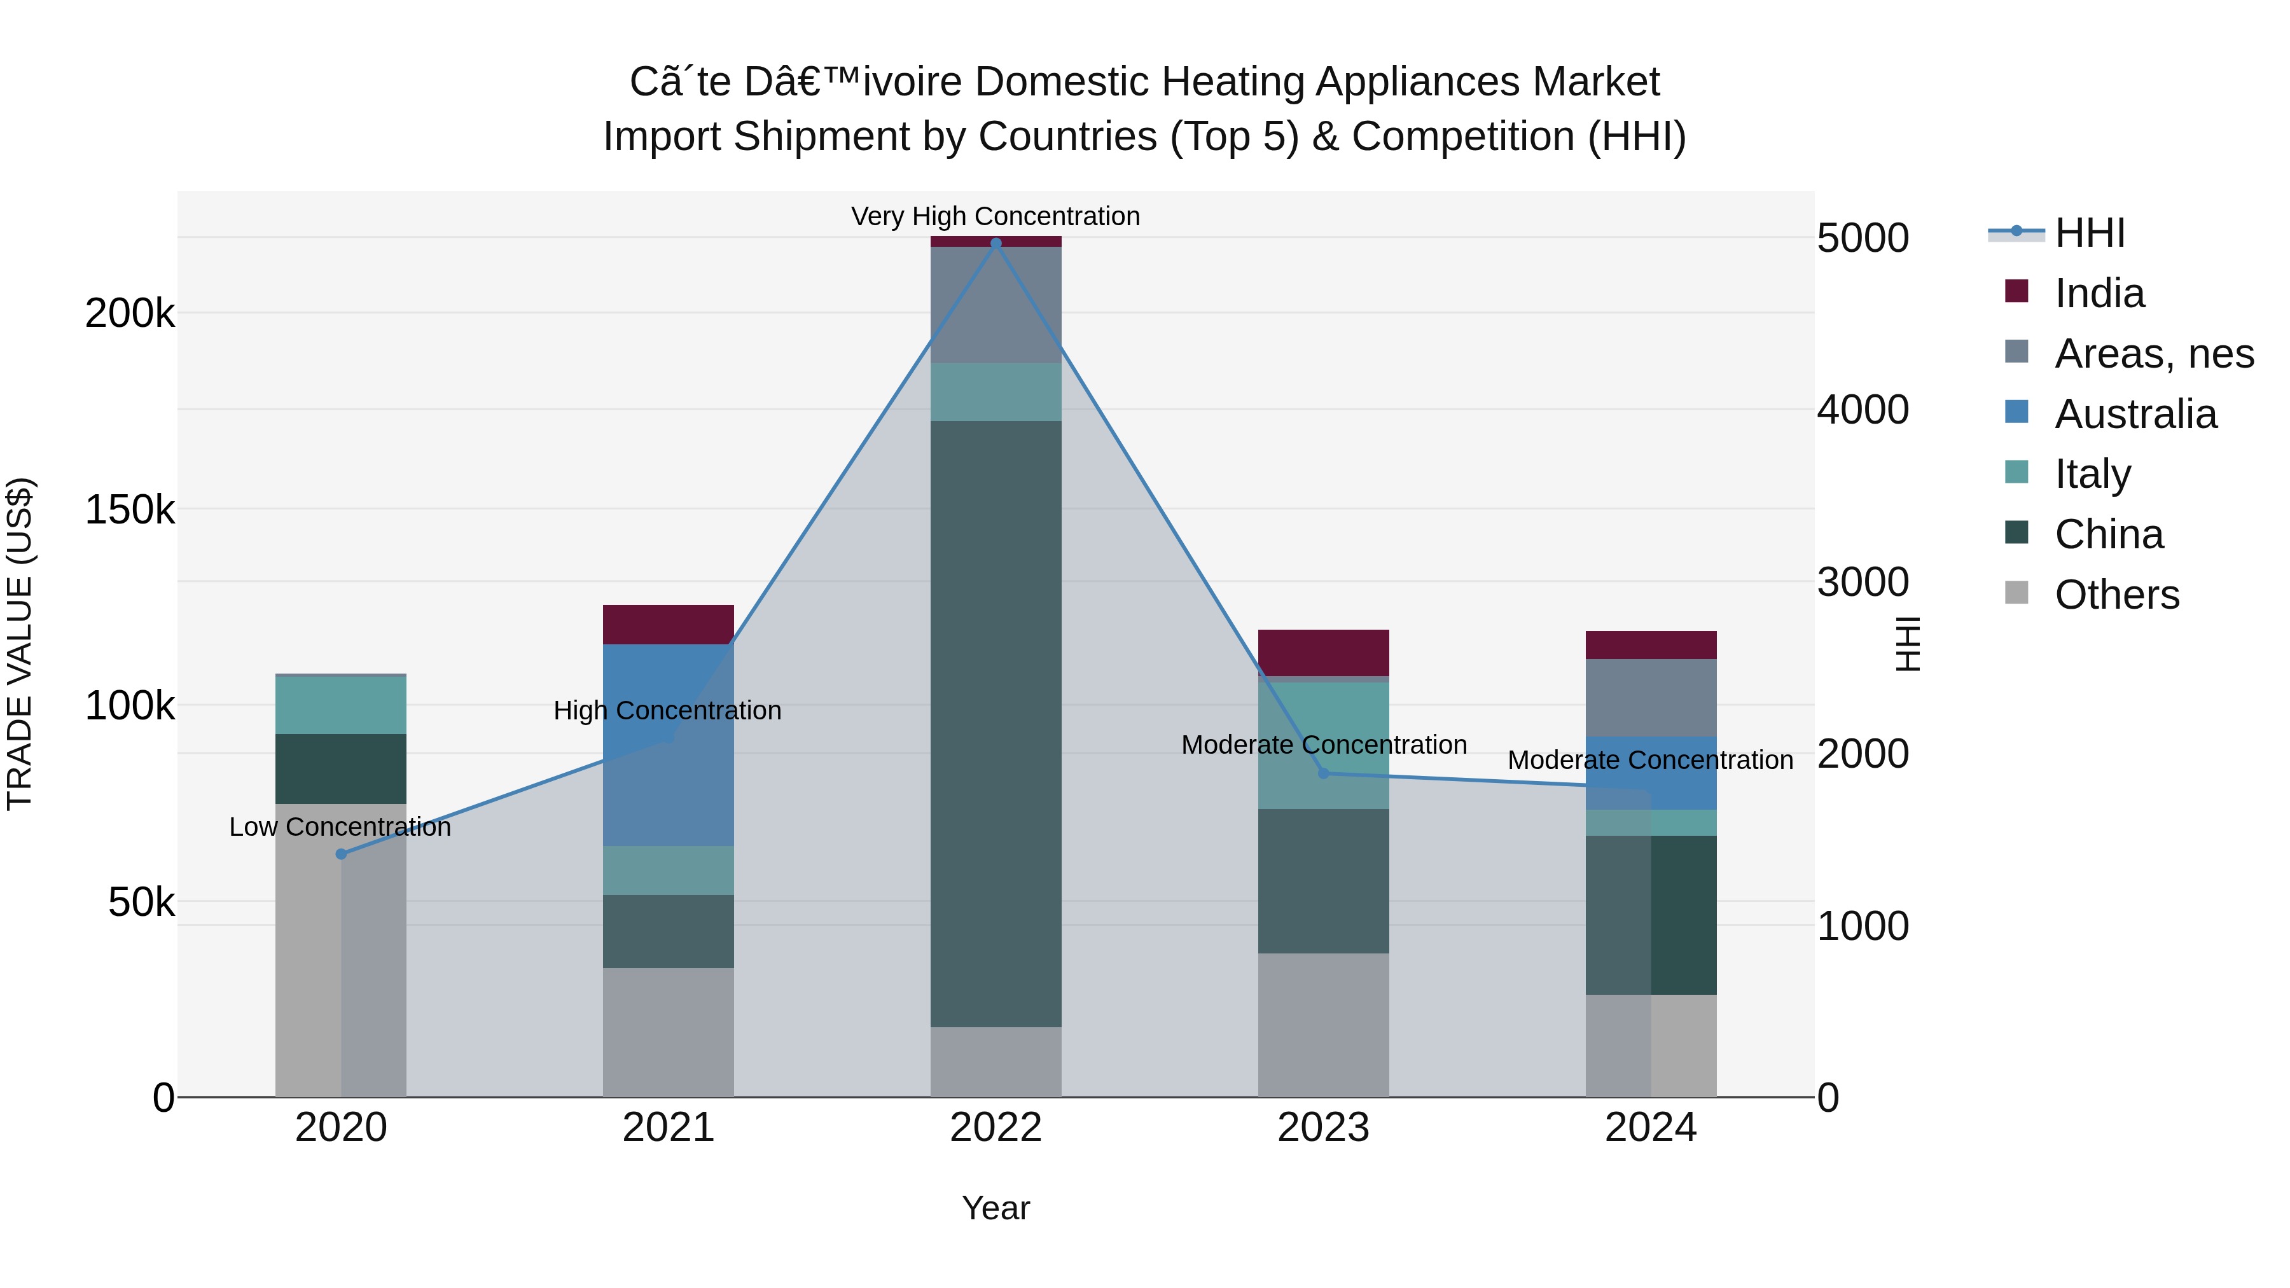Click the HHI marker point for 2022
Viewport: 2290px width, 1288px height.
996,243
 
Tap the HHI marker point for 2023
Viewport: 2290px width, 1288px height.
1323,773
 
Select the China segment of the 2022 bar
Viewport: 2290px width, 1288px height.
996,724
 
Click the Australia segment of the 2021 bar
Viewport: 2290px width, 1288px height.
668,745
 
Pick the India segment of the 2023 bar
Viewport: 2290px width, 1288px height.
1323,653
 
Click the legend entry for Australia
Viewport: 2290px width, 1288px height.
2134,414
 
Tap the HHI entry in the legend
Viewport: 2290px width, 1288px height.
2089,233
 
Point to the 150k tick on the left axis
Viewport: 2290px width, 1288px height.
130,510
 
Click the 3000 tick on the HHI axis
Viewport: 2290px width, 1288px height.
1863,582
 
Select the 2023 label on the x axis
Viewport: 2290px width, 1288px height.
1323,1128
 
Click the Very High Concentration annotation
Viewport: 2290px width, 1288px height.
996,216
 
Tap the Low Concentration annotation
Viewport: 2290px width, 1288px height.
340,827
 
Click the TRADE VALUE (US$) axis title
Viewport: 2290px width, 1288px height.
20,644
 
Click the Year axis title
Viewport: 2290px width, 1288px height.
996,1208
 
